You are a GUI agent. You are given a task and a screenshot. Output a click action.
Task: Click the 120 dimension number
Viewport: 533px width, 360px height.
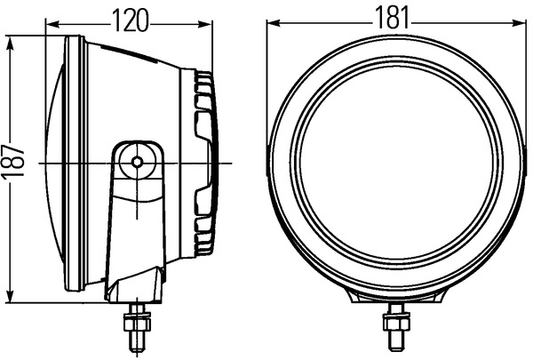pyautogui.click(x=131, y=20)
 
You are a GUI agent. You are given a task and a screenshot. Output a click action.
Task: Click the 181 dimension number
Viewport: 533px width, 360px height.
pyautogui.click(x=393, y=18)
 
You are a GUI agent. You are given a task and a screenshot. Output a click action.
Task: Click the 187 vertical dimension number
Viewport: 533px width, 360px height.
pyautogui.click(x=12, y=160)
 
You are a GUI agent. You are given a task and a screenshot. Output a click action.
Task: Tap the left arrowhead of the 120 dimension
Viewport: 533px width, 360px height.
pyautogui.click(x=52, y=24)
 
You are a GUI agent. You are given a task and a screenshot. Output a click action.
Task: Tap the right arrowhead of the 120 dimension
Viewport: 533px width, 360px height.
pyautogui.click(x=205, y=24)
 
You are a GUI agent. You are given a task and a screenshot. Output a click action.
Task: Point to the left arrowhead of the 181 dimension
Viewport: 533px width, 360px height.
pyautogui.click(x=274, y=23)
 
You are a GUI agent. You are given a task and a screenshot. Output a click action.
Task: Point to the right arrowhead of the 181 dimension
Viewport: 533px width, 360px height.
pyautogui.click(x=519, y=23)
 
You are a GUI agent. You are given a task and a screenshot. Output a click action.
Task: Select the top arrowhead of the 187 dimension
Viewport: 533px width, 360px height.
pyautogui.click(x=10, y=43)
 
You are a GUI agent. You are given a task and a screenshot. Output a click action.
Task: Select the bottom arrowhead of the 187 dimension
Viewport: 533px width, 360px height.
pyautogui.click(x=10, y=295)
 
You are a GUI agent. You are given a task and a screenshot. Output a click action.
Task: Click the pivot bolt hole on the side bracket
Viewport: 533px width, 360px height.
pyautogui.click(x=137, y=162)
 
